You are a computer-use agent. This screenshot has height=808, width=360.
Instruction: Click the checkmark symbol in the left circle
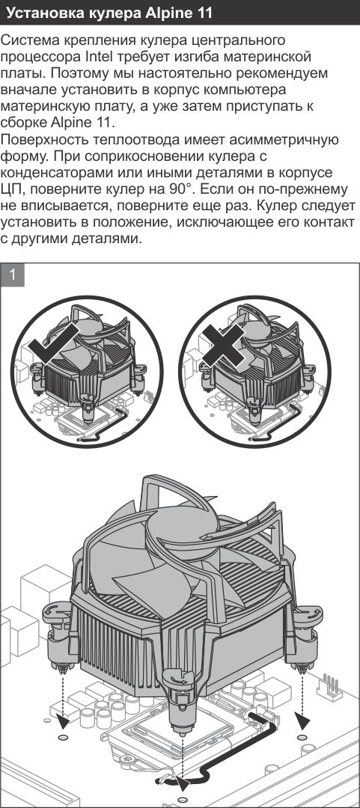(54, 346)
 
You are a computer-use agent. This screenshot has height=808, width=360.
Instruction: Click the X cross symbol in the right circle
(223, 346)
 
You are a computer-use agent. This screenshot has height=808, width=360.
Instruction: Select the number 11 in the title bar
(204, 13)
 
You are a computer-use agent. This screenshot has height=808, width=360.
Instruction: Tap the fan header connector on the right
(332, 686)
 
